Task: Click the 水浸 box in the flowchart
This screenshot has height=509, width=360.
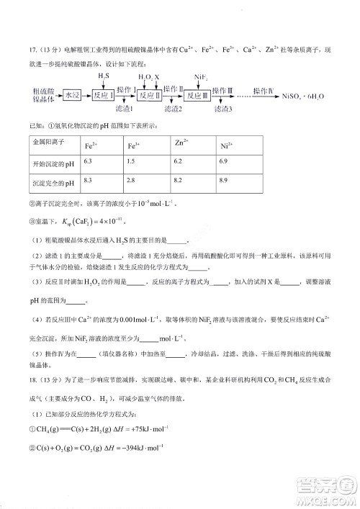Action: (x=71, y=94)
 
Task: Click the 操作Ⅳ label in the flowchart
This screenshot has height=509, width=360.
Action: (x=264, y=89)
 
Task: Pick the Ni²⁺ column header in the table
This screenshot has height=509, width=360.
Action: (x=225, y=146)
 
